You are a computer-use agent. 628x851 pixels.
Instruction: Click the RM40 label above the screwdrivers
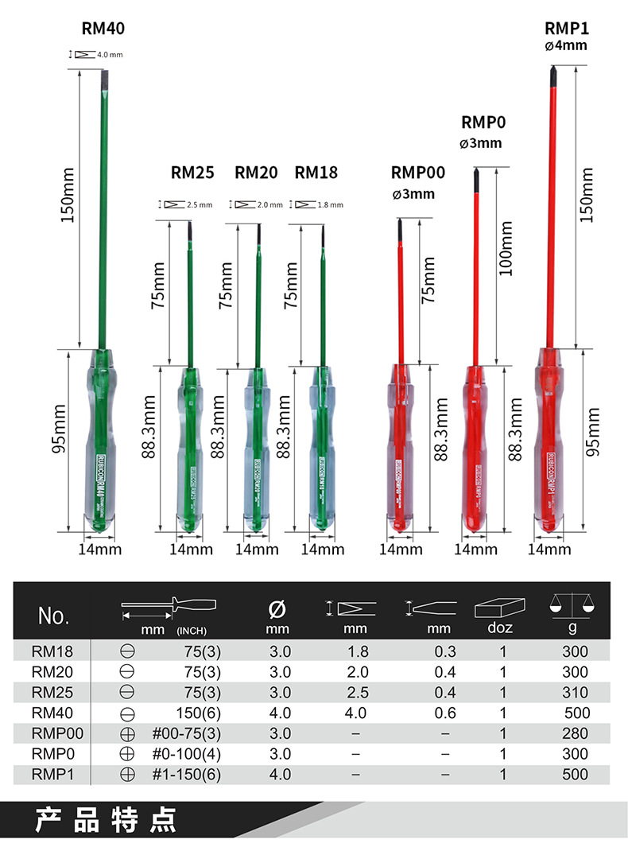pyautogui.click(x=103, y=29)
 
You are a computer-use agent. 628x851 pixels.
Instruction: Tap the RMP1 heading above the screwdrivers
pyautogui.click(x=566, y=28)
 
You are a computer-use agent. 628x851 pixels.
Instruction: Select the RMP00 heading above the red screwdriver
pyautogui.click(x=418, y=173)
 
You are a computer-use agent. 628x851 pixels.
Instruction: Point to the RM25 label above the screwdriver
pyautogui.click(x=192, y=173)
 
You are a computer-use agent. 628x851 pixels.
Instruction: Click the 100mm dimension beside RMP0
pyautogui.click(x=506, y=248)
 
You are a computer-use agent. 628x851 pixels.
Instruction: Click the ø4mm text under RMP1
pyautogui.click(x=566, y=46)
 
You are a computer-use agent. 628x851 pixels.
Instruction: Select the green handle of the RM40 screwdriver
pyautogui.click(x=99, y=445)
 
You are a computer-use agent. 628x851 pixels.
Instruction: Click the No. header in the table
pyautogui.click(x=54, y=616)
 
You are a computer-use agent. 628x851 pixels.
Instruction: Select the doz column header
pyautogui.click(x=502, y=628)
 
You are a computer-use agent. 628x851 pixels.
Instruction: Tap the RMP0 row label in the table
pyautogui.click(x=52, y=754)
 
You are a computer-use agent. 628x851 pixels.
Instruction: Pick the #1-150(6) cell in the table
pyautogui.click(x=187, y=775)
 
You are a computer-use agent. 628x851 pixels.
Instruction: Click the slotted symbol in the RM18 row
pyautogui.click(x=126, y=651)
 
